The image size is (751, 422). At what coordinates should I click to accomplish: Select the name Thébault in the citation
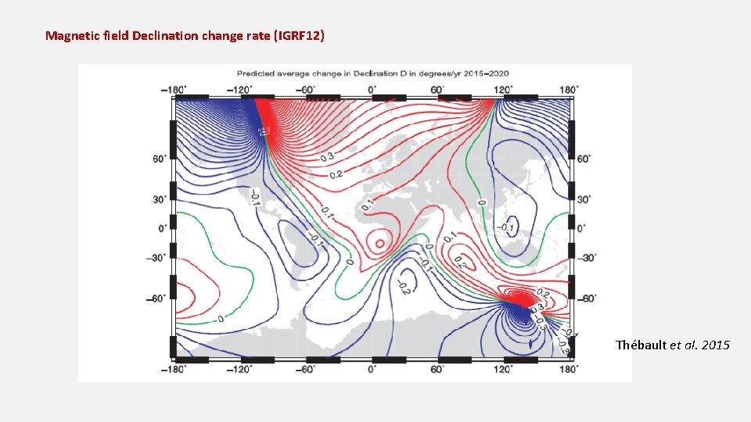tap(641, 345)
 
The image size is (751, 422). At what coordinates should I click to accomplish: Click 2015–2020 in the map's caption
tap(487, 73)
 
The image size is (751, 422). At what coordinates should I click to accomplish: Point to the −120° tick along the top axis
tap(241, 89)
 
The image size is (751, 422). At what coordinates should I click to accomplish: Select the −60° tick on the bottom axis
tap(307, 369)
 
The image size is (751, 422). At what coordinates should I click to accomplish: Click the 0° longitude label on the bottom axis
tap(372, 369)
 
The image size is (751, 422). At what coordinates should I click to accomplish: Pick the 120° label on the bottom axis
tap(502, 369)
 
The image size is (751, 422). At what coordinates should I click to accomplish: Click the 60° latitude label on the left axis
tap(160, 159)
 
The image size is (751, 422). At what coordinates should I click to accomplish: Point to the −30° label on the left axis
tap(159, 258)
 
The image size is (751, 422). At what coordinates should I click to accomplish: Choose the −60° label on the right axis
tap(587, 299)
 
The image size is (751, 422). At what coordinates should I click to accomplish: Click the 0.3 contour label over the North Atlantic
tap(326, 158)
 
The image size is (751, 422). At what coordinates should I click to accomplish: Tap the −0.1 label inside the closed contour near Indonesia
tap(508, 228)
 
